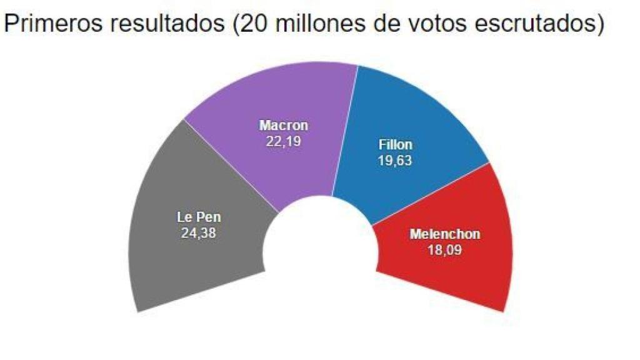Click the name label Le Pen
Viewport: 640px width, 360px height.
(199, 218)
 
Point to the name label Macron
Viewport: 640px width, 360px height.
(284, 126)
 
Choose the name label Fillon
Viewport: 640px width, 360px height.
(396, 145)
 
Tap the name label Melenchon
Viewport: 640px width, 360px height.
(445, 234)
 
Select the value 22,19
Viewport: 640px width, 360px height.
(284, 141)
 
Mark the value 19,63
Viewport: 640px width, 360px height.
(396, 160)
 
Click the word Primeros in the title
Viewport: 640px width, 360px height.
(52, 24)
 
